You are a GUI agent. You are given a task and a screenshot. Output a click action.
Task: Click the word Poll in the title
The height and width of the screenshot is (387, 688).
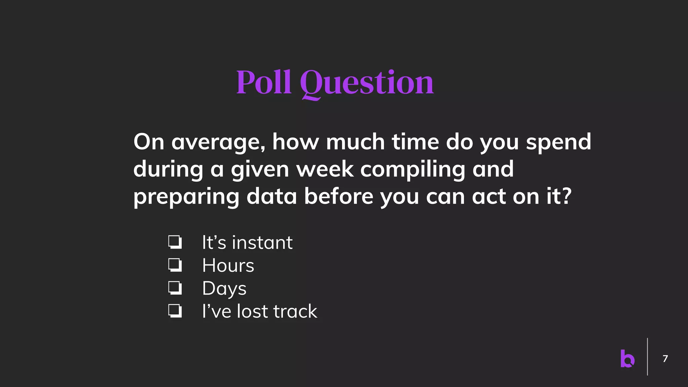[x=264, y=82]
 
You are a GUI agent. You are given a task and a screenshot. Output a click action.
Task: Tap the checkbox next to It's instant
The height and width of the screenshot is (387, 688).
[x=175, y=242]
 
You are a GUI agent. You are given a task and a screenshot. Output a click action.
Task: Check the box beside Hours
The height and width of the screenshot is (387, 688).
[x=175, y=265]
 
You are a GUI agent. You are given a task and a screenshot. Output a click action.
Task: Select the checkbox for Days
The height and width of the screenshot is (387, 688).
[x=175, y=288]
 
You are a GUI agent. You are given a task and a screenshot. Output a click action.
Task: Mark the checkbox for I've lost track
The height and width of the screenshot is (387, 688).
[x=175, y=311]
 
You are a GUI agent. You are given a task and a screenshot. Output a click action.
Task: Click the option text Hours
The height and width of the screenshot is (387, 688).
[x=228, y=265]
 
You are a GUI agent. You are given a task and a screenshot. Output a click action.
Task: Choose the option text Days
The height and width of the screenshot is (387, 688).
[x=224, y=289]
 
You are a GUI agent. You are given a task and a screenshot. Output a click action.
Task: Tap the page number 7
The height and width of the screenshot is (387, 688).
[x=665, y=359]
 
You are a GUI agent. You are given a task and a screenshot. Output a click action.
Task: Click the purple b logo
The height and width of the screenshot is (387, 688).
[x=627, y=358]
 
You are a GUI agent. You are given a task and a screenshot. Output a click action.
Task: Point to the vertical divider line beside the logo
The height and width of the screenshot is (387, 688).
[x=647, y=357]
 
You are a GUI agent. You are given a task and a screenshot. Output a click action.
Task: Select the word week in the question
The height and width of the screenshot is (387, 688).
[x=325, y=169]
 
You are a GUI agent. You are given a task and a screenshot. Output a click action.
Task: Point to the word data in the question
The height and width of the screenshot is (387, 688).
[x=271, y=196]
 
